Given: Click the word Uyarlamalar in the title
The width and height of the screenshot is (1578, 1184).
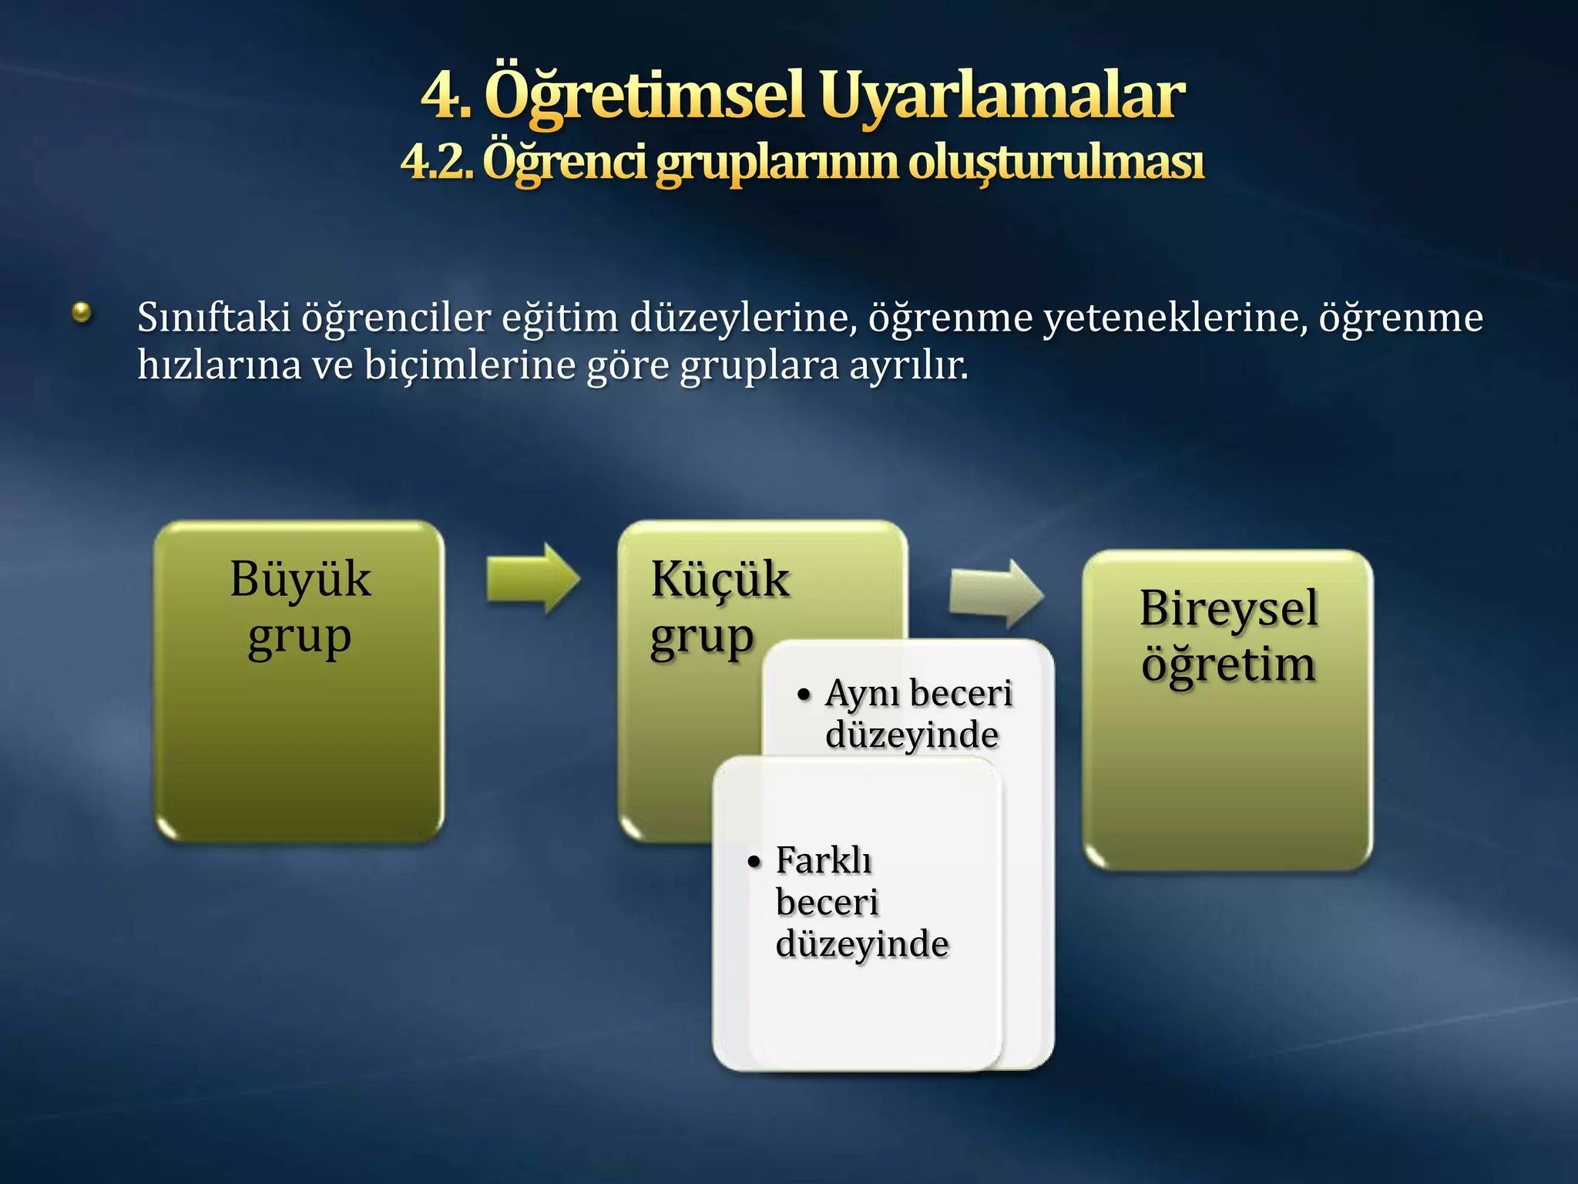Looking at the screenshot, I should pos(1002,96).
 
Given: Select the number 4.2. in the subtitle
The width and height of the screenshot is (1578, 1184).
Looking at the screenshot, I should pos(436,162).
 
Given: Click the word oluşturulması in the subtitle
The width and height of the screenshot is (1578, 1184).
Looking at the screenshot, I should pos(1056,162).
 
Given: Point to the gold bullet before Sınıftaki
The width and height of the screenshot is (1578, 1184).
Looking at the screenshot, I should pos(82,312).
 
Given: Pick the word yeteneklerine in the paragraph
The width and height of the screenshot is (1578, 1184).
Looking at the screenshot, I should pos(1176,318).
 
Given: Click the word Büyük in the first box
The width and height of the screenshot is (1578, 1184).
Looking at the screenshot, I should pos(300,580).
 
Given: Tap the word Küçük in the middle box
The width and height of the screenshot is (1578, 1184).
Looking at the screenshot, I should pos(720,580).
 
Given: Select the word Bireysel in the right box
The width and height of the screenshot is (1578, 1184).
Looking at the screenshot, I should pos(1228,608).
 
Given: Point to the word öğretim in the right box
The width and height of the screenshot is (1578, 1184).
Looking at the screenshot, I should pos(1228,664).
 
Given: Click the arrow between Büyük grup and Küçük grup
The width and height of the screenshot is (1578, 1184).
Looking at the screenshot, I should pos(532,579).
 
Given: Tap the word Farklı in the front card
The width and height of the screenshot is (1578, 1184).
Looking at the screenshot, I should pos(824,861).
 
